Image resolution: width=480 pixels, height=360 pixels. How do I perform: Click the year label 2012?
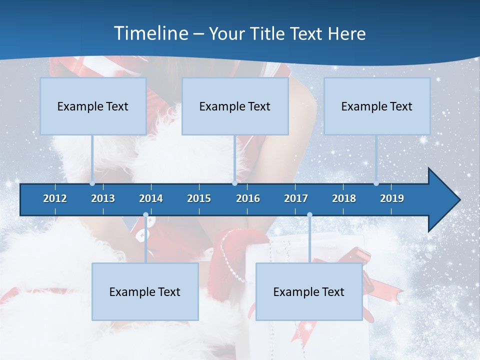coord(55,198)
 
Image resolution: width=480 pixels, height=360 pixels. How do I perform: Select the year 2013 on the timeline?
coord(103,198)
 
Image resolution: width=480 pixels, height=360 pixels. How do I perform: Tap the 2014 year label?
coord(151,198)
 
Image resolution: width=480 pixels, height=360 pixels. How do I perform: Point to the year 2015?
coord(199,198)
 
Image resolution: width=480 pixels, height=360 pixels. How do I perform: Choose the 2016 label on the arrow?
coord(248,198)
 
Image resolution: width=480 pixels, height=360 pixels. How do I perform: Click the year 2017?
coord(296,198)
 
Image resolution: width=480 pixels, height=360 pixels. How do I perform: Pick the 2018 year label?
coord(344,198)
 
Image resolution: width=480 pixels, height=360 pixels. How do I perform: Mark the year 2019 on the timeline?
coord(392,198)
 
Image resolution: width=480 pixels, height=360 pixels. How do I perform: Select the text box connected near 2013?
coord(93,106)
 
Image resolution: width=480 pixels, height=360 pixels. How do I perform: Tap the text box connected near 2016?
coord(235,106)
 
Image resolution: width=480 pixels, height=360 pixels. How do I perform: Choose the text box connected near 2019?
coord(377,106)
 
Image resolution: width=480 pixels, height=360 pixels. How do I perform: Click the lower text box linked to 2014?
coord(145,292)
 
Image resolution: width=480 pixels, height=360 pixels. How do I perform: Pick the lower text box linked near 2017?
coord(309,292)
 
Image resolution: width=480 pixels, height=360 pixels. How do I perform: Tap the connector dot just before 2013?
coord(92,183)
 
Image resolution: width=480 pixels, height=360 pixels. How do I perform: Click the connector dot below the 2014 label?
coord(145,215)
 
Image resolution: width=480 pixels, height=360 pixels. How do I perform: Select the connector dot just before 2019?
coord(376,183)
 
